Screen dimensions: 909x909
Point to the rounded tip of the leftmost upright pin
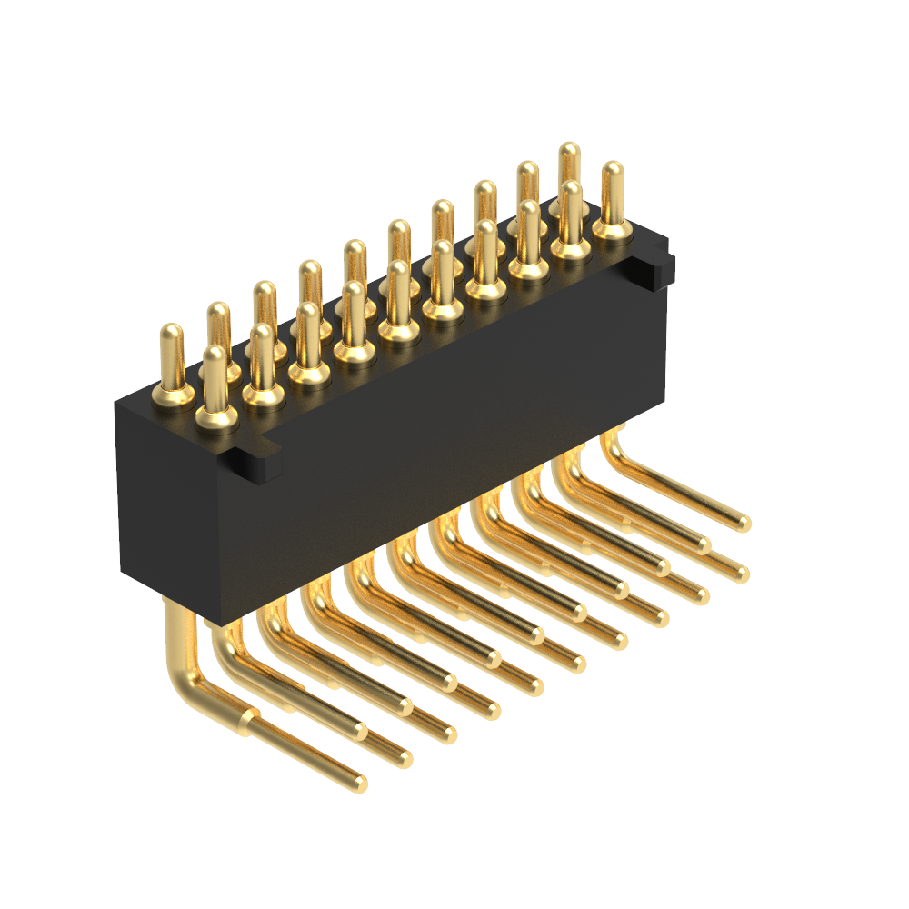pos(169,332)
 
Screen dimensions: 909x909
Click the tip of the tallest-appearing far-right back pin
pos(570,150)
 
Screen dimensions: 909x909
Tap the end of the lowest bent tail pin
pos(360,783)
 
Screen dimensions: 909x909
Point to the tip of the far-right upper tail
pos(744,523)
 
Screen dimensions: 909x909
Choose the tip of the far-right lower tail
pos(743,574)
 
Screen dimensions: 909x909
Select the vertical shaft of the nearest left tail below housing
pos(175,636)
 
